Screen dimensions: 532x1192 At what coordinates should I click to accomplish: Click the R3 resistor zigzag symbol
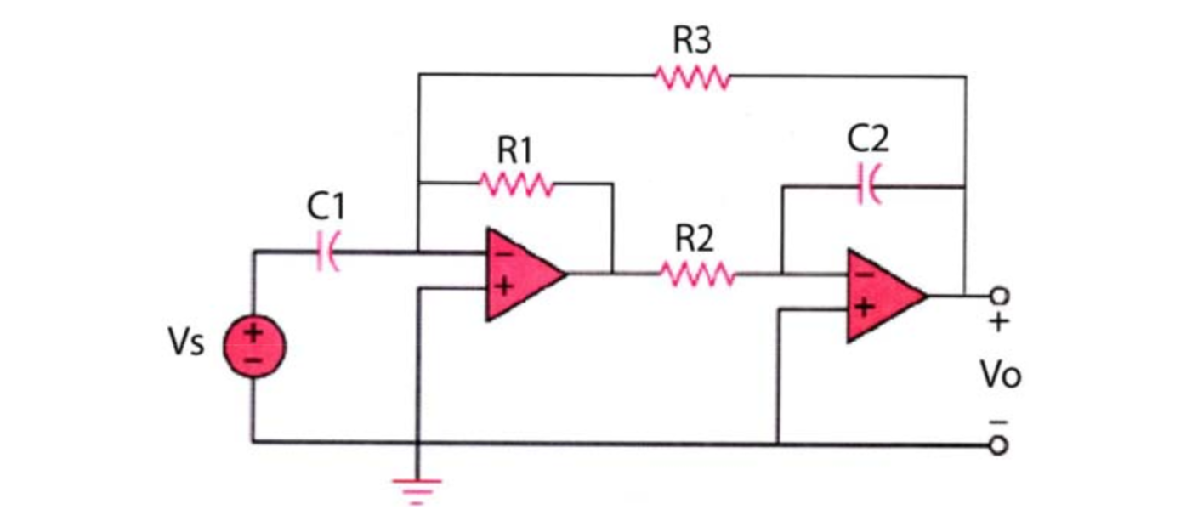691,77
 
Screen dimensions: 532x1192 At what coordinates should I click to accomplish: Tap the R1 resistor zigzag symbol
516,184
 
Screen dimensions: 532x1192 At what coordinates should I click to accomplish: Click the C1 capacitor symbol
326,252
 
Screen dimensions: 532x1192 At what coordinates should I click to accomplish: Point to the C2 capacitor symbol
869,186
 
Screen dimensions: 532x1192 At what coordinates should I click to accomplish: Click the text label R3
691,41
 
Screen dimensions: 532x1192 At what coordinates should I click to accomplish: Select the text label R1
514,150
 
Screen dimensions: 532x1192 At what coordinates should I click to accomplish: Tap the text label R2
695,241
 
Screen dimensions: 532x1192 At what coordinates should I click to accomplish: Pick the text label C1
326,207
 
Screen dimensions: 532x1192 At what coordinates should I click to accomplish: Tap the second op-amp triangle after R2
881,296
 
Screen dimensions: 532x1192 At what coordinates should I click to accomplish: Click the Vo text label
1000,375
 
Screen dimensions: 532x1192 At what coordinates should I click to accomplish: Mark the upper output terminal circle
1000,296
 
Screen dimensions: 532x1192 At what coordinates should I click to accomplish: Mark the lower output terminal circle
1000,444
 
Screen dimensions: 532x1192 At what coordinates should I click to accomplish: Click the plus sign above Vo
999,323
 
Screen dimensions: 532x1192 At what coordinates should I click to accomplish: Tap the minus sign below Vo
1000,422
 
